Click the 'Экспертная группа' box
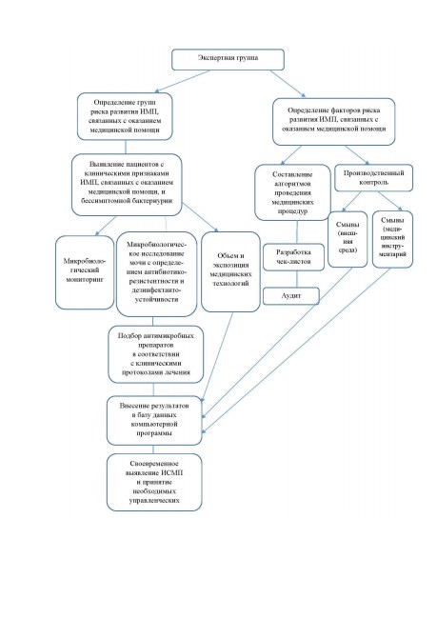(228, 60)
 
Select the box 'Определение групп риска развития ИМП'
(125, 116)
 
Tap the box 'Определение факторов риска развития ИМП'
(333, 122)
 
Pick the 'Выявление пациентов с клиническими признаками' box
(127, 185)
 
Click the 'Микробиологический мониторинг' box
(85, 272)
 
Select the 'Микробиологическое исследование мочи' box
(157, 274)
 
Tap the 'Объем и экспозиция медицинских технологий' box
(230, 271)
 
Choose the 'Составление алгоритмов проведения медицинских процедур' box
(292, 192)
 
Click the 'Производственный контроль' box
(373, 178)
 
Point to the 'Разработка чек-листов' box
(293, 257)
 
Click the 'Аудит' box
(291, 296)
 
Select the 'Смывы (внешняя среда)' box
(348, 239)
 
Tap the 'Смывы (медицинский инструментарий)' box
(392, 239)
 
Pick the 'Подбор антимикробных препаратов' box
(155, 354)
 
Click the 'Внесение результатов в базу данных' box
(154, 420)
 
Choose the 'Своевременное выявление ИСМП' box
(154, 482)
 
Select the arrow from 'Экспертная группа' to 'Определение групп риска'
(183, 81)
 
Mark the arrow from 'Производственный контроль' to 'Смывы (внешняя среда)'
(351, 201)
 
